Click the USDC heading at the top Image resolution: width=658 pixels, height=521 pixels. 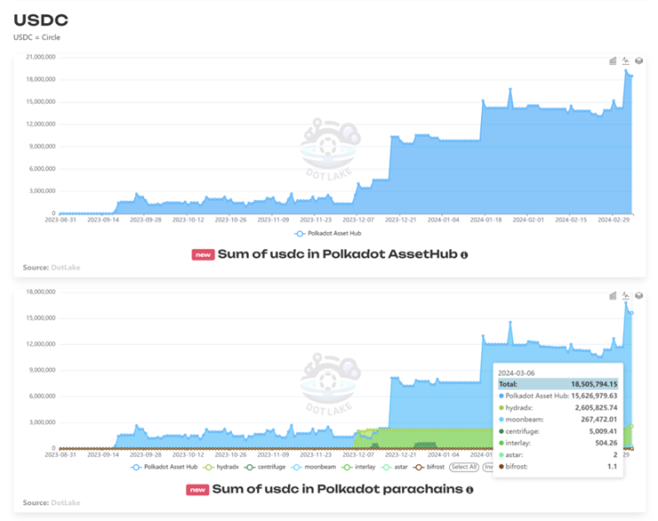(x=42, y=19)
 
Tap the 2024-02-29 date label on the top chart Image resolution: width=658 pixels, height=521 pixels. (x=615, y=221)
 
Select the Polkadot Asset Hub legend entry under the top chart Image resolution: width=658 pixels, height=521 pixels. (x=331, y=234)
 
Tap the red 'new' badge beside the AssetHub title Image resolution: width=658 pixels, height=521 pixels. (x=203, y=255)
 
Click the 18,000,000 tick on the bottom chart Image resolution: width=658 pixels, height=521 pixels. (x=41, y=291)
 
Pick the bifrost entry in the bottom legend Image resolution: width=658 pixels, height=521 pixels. (x=431, y=467)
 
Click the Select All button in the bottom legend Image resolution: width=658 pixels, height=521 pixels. (x=464, y=467)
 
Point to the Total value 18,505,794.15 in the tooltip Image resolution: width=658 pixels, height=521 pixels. (x=585, y=384)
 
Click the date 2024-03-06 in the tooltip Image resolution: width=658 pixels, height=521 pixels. (x=517, y=372)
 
